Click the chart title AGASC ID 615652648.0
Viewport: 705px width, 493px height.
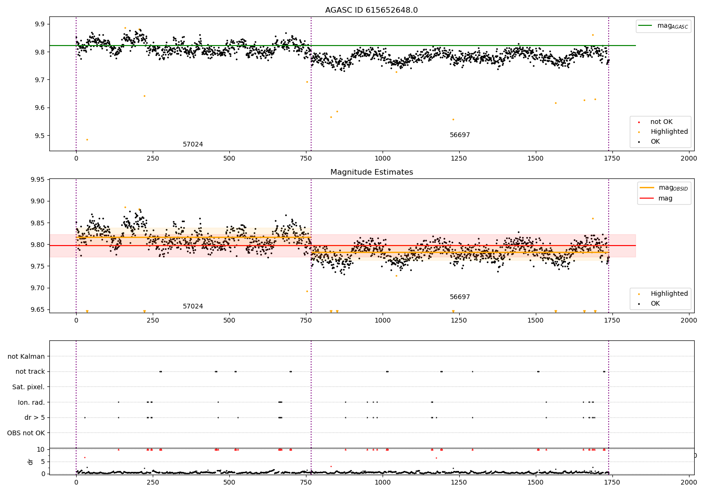tap(371, 10)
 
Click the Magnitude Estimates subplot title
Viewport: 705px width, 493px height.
tap(371, 172)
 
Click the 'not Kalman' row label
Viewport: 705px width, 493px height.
tap(26, 356)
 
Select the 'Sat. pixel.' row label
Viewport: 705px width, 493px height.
tap(28, 387)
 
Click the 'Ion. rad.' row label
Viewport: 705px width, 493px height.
tap(31, 402)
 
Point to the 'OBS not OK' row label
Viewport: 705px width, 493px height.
tap(26, 433)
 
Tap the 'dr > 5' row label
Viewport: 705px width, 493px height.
tap(35, 417)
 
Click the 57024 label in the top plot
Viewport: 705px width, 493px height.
tap(193, 145)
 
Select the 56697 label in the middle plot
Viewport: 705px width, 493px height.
tap(460, 297)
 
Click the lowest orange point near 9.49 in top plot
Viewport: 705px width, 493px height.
tap(87, 139)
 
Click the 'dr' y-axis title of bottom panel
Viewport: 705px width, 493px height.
tap(31, 462)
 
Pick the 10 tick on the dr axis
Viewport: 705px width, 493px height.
tap(40, 449)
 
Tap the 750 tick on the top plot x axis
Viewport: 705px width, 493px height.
tap(306, 159)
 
